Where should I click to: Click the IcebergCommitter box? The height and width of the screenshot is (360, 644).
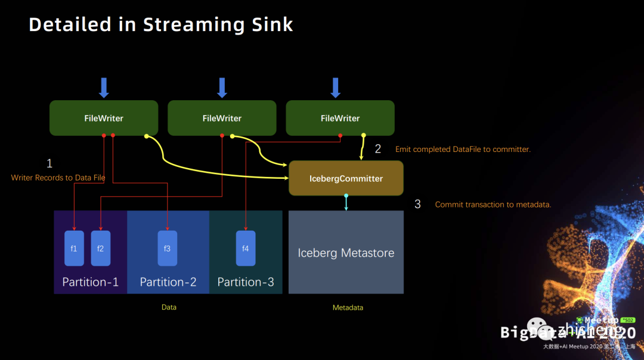346,178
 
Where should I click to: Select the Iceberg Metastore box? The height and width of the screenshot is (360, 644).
346,253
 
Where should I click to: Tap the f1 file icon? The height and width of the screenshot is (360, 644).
74,248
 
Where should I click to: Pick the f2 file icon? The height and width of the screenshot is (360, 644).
100,248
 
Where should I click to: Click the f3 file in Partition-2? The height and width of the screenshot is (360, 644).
167,248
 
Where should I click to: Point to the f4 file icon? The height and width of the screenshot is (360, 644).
246,248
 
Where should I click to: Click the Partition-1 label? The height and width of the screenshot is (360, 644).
91,282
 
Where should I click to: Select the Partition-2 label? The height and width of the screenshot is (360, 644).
168,282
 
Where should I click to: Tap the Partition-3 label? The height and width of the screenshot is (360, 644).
246,282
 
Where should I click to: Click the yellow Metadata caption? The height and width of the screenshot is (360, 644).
348,308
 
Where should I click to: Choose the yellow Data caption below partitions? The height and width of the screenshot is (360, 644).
169,308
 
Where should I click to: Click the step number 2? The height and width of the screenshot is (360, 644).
377,149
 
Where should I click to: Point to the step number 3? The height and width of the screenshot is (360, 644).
417,204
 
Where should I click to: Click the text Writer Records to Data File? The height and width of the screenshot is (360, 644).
58,178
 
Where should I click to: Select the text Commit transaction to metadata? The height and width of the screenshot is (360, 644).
493,204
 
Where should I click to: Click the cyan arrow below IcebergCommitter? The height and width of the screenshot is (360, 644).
346,203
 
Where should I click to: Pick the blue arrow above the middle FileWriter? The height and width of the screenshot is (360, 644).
222,88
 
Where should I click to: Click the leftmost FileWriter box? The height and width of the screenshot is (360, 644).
104,118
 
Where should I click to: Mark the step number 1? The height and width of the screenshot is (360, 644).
49,163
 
